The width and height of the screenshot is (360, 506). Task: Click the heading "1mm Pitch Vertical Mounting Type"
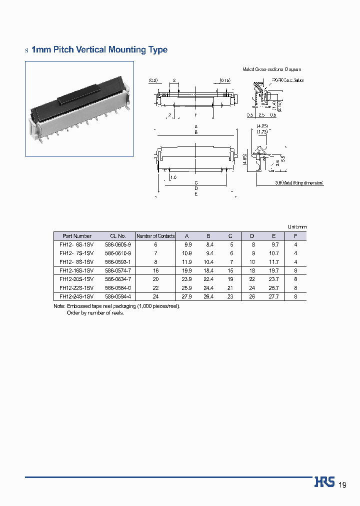pos(99,50)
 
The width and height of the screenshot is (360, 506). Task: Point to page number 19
pos(342,485)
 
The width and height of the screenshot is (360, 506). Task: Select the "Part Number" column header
pos(77,236)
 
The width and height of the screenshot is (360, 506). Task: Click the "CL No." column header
pos(118,236)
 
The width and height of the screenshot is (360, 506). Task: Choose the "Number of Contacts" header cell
pos(155,236)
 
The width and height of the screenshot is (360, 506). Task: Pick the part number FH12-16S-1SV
pos(76,270)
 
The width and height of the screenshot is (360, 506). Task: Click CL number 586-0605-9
pos(118,244)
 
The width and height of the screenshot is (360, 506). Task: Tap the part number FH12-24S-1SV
pos(76,296)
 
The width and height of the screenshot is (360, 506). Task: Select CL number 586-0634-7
pos(118,279)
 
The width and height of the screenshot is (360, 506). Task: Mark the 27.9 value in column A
pos(187,296)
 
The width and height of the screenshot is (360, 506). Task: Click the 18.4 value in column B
pos(209,270)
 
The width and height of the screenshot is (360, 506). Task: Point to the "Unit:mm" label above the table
pos(296,227)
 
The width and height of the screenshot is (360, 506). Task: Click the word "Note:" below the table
pos(59,306)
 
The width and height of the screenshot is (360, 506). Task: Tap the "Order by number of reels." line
pos(95,312)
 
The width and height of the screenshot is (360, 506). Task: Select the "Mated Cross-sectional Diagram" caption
pos(271,69)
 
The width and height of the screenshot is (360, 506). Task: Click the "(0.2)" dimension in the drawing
pos(153,80)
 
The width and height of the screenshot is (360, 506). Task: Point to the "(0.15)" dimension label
pos(224,80)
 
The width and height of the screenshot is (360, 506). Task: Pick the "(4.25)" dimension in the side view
pos(262,126)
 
